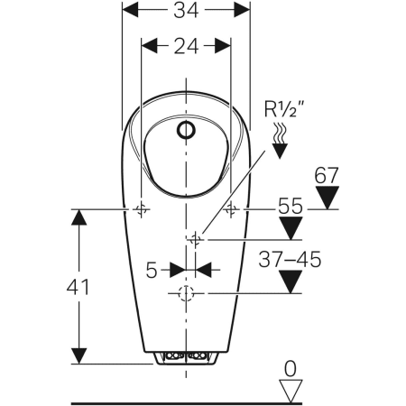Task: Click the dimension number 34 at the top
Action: coord(186,10)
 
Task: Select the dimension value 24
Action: coord(186,46)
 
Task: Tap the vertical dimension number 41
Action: coord(78,287)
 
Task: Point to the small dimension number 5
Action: coord(152,270)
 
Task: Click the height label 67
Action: coord(327,175)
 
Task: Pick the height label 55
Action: coord(291,206)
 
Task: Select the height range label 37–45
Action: coord(290,260)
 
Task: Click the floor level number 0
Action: coord(291,369)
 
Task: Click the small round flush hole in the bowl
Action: coord(186,131)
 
